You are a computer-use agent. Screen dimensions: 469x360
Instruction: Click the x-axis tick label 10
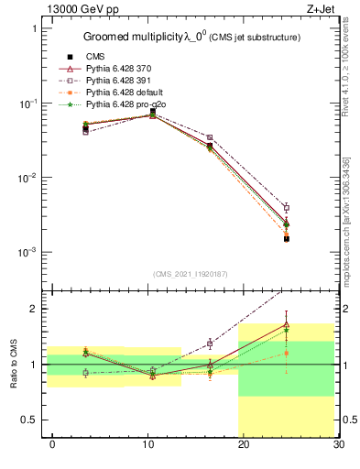pyautogui.click(x=147, y=444)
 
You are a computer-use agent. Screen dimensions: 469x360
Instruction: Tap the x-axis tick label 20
pyautogui.click(x=243, y=444)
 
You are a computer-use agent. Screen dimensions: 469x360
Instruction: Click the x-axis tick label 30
pyautogui.click(x=338, y=444)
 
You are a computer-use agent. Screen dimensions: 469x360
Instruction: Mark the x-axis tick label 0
pyautogui.click(x=52, y=444)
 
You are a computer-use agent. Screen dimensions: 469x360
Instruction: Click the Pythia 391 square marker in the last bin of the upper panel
pyautogui.click(x=286, y=208)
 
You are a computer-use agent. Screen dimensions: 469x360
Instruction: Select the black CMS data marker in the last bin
pyautogui.click(x=286, y=238)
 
